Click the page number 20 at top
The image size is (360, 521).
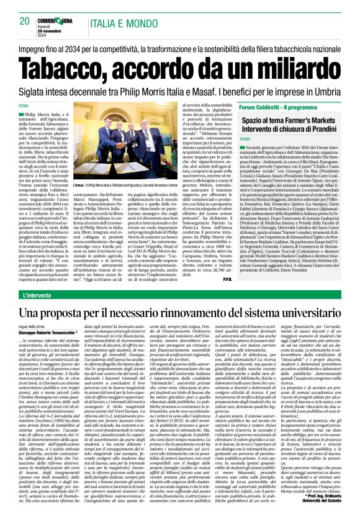(25, 21)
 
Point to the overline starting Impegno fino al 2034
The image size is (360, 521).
(180, 47)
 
